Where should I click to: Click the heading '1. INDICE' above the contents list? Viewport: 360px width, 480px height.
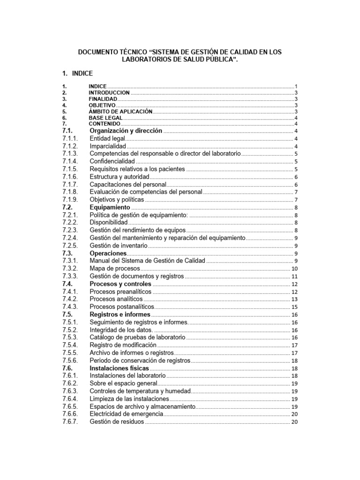77,74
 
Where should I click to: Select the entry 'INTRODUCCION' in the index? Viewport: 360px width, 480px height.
109,93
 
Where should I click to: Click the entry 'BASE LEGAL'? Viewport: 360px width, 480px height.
105,118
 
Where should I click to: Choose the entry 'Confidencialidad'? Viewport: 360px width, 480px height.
112,161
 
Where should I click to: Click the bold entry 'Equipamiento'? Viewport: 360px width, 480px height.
109,207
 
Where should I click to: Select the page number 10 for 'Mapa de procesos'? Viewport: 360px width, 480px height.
294,269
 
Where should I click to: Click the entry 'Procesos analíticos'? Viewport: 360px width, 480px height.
116,299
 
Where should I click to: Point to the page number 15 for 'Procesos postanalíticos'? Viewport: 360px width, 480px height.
294,307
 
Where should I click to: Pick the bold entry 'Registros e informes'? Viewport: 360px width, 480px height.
120,314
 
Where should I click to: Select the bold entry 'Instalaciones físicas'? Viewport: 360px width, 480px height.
119,368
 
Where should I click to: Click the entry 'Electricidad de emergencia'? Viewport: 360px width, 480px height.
126,414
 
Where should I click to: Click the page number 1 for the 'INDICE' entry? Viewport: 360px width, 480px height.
296,87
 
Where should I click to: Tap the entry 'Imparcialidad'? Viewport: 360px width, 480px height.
108,146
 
